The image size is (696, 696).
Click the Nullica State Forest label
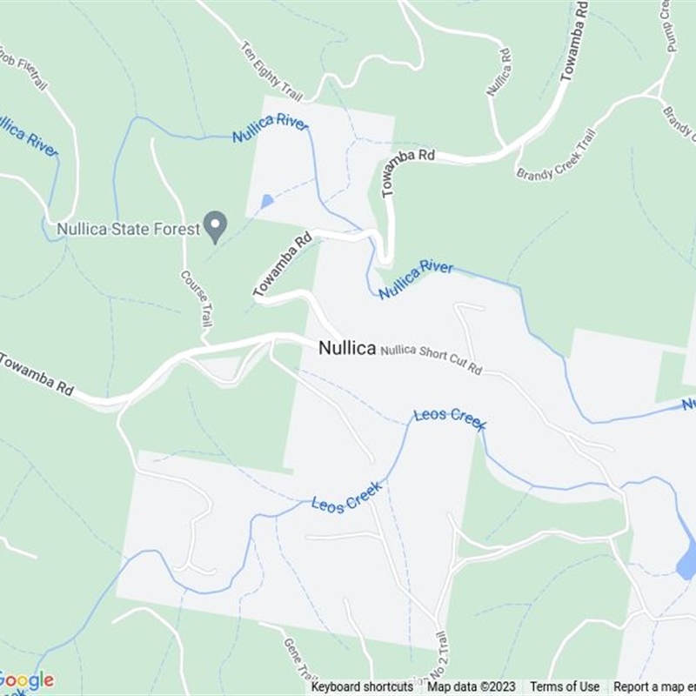tap(128, 230)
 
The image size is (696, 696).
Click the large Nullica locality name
tap(346, 348)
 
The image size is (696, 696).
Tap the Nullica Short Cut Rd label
tap(432, 358)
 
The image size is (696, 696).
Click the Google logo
tap(27, 679)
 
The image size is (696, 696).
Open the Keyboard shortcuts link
tap(362, 686)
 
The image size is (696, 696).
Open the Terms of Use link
tap(565, 686)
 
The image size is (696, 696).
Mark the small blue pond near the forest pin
tap(266, 201)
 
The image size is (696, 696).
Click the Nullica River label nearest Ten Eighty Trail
tap(271, 129)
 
